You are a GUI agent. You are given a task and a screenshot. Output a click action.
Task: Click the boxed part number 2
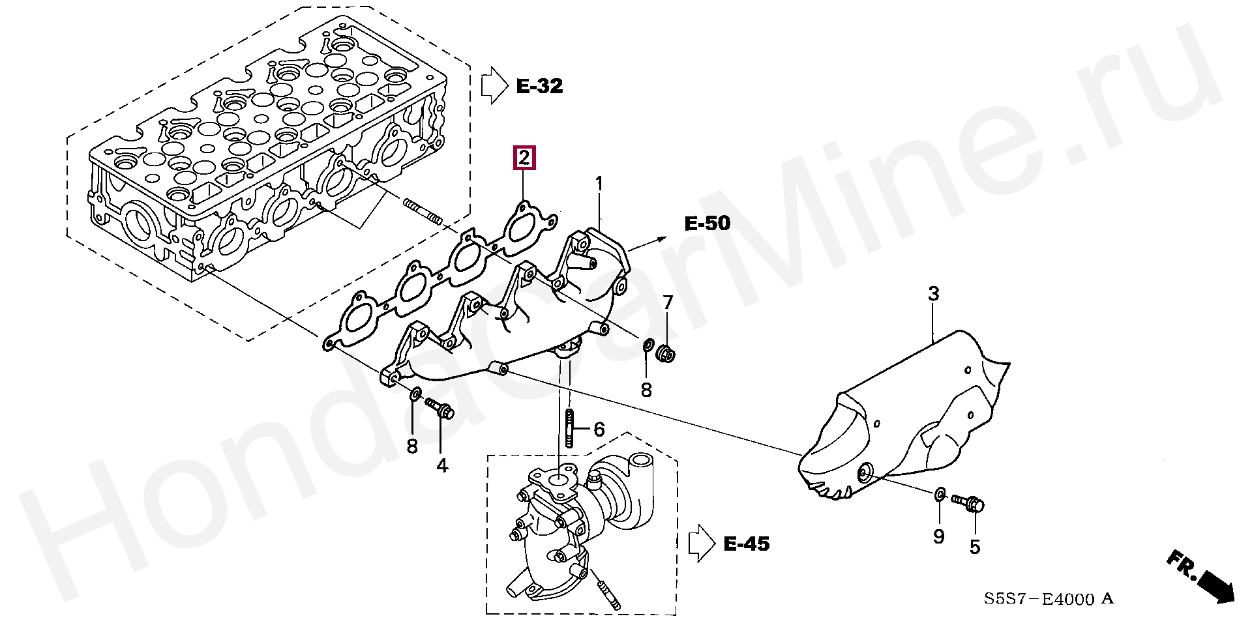point(525,158)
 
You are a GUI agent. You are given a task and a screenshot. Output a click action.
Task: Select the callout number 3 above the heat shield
point(933,293)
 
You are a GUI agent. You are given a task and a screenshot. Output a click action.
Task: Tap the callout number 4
point(442,466)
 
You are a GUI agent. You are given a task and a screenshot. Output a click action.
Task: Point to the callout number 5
point(975,547)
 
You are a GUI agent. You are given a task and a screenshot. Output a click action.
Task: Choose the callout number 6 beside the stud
point(599,429)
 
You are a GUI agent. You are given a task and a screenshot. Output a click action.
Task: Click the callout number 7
point(668,302)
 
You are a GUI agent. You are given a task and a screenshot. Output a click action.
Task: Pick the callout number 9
point(938,536)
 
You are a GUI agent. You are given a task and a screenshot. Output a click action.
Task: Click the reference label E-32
point(539,86)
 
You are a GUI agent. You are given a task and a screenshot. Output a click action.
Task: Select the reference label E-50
point(708,223)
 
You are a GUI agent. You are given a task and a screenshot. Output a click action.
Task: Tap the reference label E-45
point(747,544)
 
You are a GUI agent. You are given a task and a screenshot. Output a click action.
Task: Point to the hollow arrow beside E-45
point(702,543)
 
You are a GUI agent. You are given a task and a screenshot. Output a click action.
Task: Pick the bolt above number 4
point(440,409)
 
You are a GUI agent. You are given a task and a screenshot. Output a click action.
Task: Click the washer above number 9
point(939,494)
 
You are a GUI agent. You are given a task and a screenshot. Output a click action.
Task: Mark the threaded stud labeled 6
point(569,428)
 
